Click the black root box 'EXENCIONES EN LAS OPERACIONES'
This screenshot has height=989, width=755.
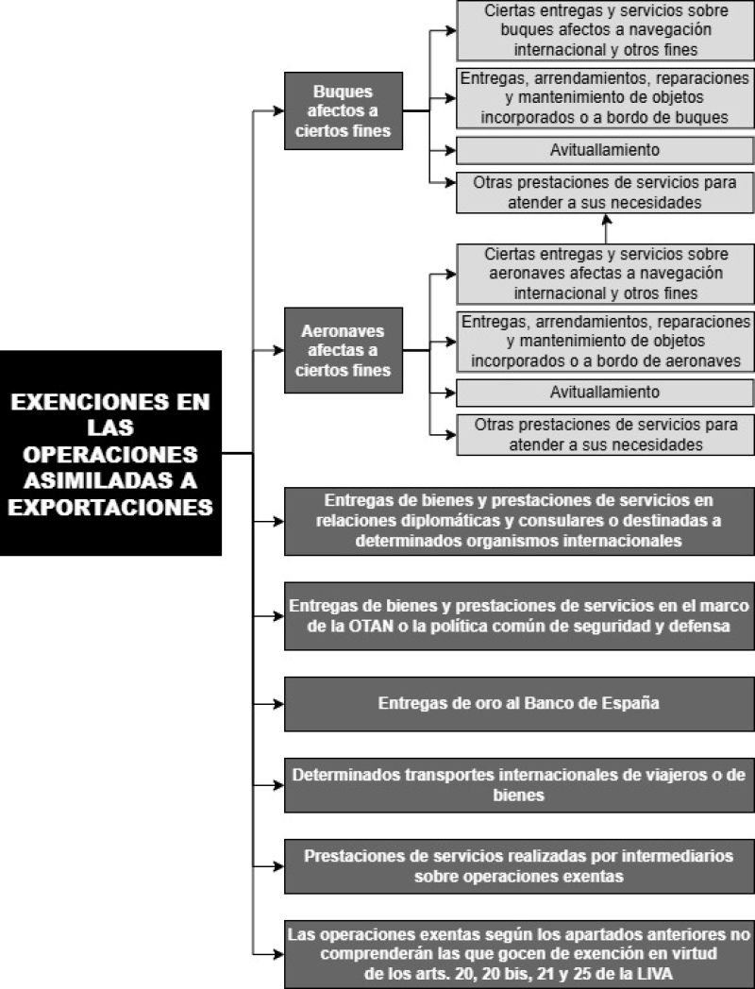click(110, 453)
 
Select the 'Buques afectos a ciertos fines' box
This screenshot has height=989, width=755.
click(344, 111)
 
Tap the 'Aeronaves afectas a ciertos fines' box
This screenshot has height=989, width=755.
click(344, 350)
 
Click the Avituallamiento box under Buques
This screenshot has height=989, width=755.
click(605, 150)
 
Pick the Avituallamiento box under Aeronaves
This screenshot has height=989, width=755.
click(605, 393)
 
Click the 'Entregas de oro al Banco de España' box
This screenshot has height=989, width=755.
click(519, 703)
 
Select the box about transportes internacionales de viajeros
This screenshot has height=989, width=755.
click(519, 784)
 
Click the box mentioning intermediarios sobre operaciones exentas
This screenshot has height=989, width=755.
click(519, 866)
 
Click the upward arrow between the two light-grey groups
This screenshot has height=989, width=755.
click(606, 229)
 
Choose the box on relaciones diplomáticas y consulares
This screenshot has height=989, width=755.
click(519, 521)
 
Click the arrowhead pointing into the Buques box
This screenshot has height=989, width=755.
click(278, 111)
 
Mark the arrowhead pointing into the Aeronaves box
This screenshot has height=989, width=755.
click(278, 350)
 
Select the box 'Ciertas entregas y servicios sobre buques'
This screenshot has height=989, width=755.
click(605, 30)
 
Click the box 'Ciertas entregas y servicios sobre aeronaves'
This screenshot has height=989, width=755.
click(605, 274)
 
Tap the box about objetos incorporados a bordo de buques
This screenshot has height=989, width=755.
click(605, 98)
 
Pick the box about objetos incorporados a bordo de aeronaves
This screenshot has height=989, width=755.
click(605, 342)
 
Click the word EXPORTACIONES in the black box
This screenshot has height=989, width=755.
click(110, 507)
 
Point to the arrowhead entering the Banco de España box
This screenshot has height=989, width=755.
click(278, 704)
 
